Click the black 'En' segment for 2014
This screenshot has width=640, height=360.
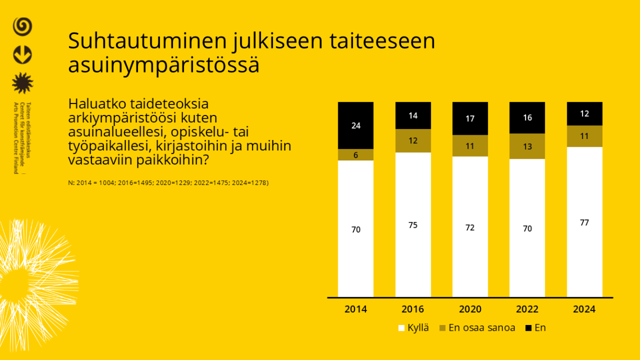pos(356,125)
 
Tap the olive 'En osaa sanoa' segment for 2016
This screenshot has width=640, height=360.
pos(413,141)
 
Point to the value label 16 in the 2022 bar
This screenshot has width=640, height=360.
pos(527,118)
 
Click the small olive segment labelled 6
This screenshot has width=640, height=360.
pos(356,155)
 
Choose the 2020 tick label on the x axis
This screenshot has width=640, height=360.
pos(470,309)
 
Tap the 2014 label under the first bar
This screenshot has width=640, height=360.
pos(356,309)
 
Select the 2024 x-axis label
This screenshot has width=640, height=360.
pos(585,309)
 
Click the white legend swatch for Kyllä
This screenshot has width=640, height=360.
pos(402,328)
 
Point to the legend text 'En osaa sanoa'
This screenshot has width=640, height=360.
pos(482,328)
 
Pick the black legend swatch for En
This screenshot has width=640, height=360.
pos(529,328)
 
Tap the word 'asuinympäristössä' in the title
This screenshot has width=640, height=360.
pos(164,65)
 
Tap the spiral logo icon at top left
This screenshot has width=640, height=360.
pos(22,26)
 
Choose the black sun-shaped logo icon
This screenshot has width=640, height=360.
pos(22,83)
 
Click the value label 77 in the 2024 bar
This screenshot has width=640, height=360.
pos(585,223)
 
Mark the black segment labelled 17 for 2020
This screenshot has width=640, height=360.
pos(470,119)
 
